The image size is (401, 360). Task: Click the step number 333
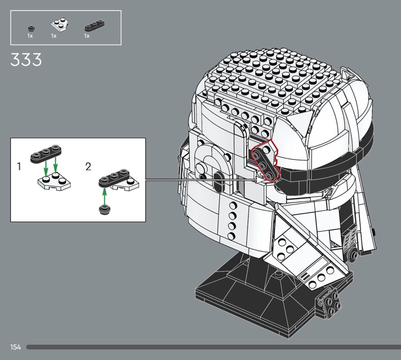point(26,60)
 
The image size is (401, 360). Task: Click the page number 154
point(16,347)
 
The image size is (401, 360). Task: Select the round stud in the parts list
point(31,28)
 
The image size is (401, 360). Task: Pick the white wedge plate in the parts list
point(60,25)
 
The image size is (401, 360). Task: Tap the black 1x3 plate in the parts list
point(94,25)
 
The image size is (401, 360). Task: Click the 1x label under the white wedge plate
point(54,36)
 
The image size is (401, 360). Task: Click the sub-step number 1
point(19,166)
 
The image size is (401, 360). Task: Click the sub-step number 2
point(88,167)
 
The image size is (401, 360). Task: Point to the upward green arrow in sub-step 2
point(104,196)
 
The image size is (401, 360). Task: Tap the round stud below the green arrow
point(104,210)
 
